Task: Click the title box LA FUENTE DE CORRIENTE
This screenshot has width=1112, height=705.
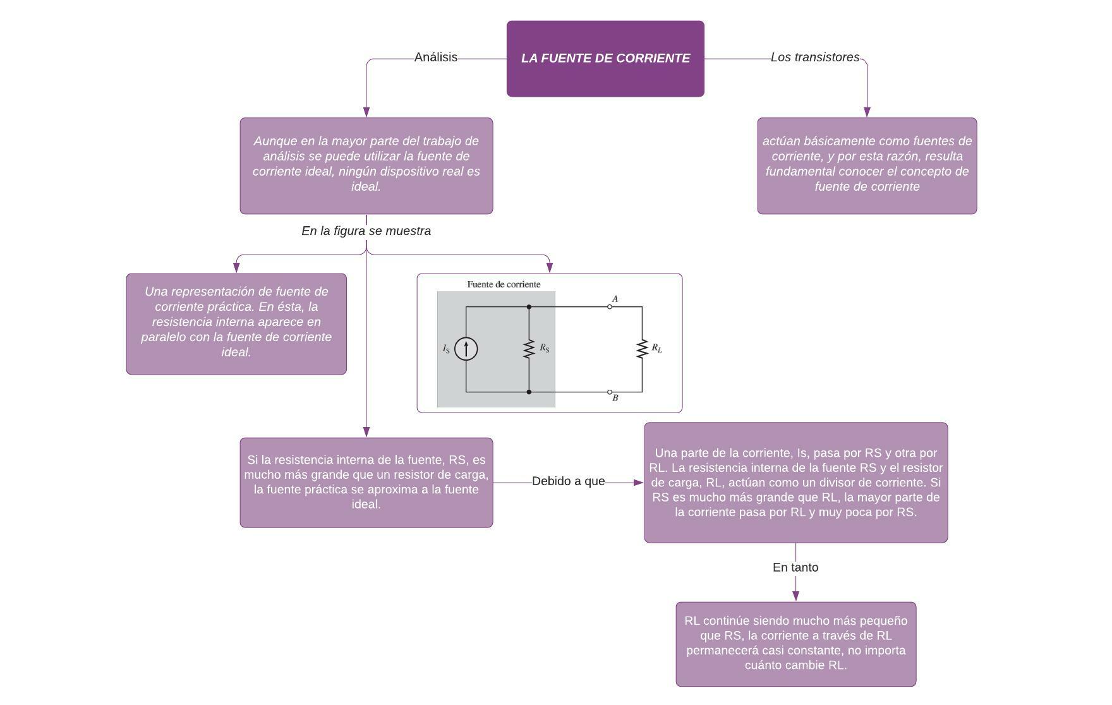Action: [605, 58]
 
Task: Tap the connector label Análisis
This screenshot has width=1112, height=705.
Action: [435, 57]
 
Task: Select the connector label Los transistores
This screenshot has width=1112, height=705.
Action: [814, 57]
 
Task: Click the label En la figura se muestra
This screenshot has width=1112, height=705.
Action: [366, 231]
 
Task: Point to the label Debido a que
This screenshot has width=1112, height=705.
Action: [568, 481]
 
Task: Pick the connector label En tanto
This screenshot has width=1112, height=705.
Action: [795, 567]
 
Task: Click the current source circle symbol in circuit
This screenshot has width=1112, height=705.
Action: [466, 349]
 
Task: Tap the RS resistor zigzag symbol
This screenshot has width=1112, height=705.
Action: [529, 349]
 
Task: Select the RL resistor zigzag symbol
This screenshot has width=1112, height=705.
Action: [642, 349]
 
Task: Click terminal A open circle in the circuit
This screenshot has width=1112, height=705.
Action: [610, 307]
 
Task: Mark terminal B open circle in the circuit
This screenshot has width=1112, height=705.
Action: [610, 392]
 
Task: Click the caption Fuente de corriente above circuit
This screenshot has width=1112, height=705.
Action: [504, 284]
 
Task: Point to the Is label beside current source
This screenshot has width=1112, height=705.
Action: [446, 349]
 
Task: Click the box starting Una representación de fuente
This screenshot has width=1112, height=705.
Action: [236, 323]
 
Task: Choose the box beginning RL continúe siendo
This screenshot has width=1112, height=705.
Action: [795, 643]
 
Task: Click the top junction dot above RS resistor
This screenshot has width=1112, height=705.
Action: [529, 307]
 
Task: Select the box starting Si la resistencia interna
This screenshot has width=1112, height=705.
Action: [366, 482]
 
